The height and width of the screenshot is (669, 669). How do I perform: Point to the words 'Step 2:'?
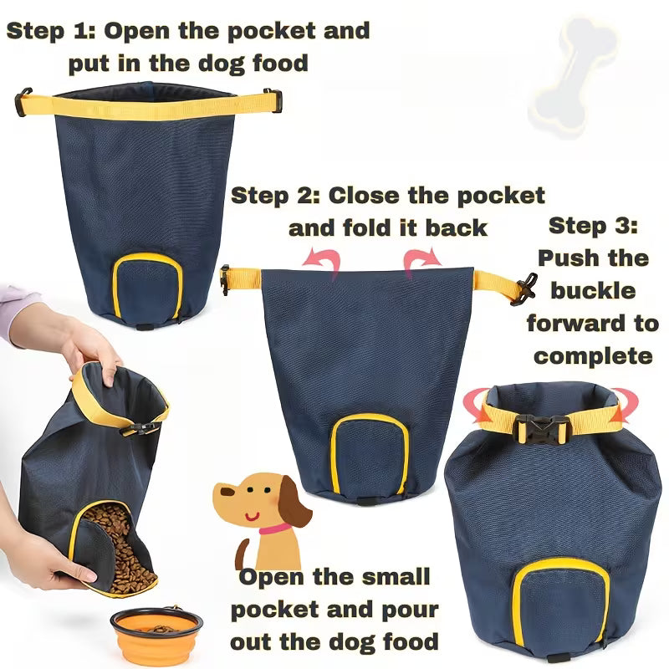[x=275, y=197]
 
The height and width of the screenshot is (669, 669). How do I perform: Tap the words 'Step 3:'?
[x=593, y=226]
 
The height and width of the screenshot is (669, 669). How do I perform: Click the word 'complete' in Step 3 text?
[x=593, y=355]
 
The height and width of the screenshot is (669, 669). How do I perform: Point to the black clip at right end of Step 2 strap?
[x=525, y=289]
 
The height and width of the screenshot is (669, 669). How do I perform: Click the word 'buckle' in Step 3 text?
[x=593, y=291]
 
